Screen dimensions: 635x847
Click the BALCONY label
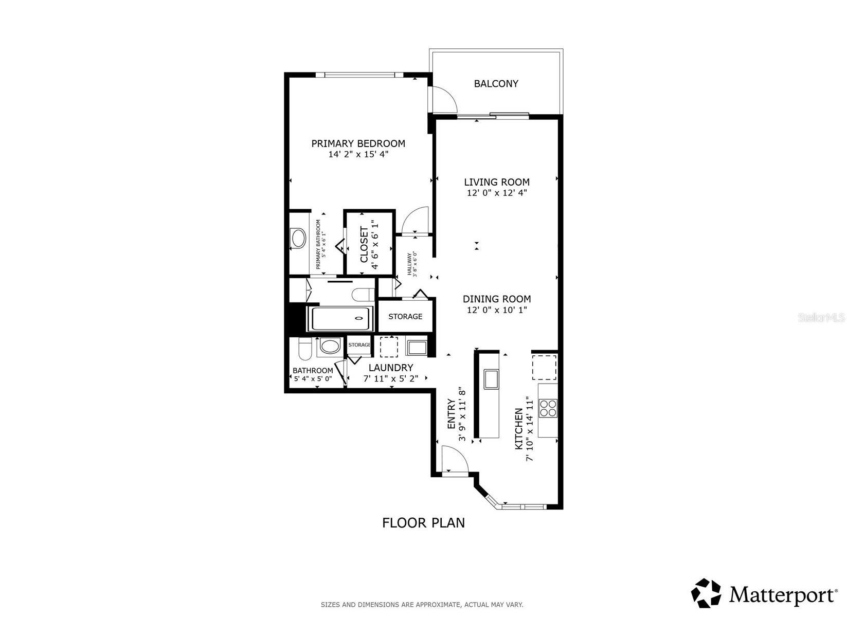tap(496, 84)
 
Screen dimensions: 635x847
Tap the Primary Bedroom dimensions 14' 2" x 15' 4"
tap(358, 154)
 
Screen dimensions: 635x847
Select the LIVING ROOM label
tap(496, 182)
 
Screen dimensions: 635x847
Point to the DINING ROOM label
tap(496, 299)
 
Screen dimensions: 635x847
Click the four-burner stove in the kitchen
tap(548, 408)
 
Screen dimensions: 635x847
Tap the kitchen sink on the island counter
tap(490, 379)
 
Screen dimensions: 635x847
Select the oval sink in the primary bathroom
tap(298, 239)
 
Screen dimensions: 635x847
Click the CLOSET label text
tap(364, 245)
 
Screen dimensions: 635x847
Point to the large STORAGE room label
tap(405, 316)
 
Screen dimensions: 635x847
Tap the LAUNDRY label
tap(391, 368)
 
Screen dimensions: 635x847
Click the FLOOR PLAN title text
tap(423, 523)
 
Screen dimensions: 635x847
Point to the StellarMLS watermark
tap(821, 317)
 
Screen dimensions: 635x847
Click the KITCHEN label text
tap(519, 429)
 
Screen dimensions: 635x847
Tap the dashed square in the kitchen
tap(544, 367)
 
